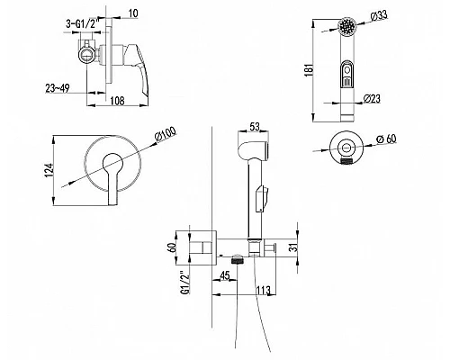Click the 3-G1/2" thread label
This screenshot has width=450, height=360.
[81, 24]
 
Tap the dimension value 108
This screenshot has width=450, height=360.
[117, 101]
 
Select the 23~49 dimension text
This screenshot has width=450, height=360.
[58, 88]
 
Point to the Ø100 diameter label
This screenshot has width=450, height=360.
[166, 134]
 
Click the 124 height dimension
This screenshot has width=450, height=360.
[49, 170]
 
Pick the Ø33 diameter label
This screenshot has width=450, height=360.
[379, 15]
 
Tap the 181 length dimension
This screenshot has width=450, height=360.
[309, 70]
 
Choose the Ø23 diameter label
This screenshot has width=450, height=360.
[372, 98]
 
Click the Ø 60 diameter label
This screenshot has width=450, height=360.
[386, 139]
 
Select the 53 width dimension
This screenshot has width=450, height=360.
[255, 127]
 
